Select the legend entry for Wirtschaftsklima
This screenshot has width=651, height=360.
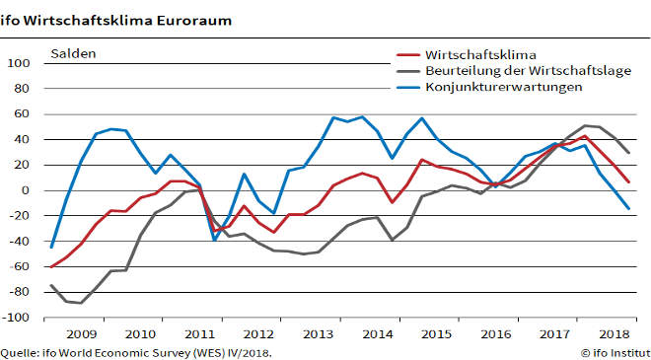pyautogui.click(x=473, y=54)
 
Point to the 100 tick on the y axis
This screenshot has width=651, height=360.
pyautogui.click(x=20, y=63)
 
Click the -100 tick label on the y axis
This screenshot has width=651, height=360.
pyautogui.click(x=18, y=318)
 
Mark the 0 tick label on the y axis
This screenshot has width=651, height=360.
pyautogui.click(x=27, y=190)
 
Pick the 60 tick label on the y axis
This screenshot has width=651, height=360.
pyautogui.click(x=24, y=114)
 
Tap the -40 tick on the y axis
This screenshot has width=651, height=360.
pyautogui.click(x=21, y=242)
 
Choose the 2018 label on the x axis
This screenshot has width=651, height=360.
pyautogui.click(x=614, y=335)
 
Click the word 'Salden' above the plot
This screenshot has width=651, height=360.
pyautogui.click(x=73, y=53)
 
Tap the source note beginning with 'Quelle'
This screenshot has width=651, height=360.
pyautogui.click(x=136, y=352)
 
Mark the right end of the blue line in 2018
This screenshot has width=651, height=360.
pyautogui.click(x=628, y=209)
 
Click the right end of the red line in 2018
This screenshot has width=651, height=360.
pyautogui.click(x=628, y=181)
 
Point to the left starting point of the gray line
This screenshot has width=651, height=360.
pyautogui.click(x=49, y=285)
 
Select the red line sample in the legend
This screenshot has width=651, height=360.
pyautogui.click(x=406, y=55)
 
